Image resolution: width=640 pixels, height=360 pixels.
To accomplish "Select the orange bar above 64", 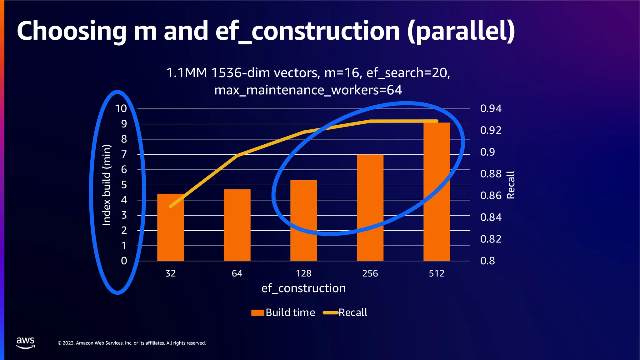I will point(237,225).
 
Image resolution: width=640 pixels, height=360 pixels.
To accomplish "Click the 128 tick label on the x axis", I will point(303,273).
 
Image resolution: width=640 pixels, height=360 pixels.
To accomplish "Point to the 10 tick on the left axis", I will point(121,109).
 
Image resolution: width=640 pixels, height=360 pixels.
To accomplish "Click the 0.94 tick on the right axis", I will point(491,109).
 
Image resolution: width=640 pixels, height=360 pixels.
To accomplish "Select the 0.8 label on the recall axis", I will point(487,261).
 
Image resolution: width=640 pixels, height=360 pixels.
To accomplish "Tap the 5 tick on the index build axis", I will point(124,185).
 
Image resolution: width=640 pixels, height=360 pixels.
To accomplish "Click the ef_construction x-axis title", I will point(303,288).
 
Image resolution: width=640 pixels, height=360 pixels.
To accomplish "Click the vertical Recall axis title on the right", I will point(511,185).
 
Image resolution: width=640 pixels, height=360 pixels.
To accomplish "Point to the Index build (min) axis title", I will point(107,185).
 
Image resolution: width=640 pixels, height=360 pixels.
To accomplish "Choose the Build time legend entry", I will point(283,312).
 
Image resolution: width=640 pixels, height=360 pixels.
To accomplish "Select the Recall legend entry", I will point(345,312).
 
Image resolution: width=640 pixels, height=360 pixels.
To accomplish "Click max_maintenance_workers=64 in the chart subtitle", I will point(308,90).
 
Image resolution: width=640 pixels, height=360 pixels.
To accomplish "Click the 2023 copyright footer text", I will point(132,343).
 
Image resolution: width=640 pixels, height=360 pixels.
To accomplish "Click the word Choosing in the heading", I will point(71,31).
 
